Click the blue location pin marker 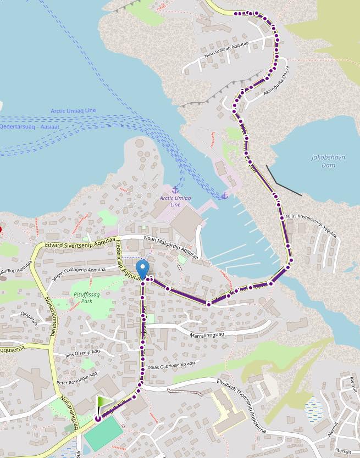(x=142, y=269)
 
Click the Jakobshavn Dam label (x=328, y=161)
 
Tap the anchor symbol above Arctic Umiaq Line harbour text (x=175, y=190)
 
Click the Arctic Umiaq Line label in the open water (x=73, y=110)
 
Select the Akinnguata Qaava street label (x=276, y=81)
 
